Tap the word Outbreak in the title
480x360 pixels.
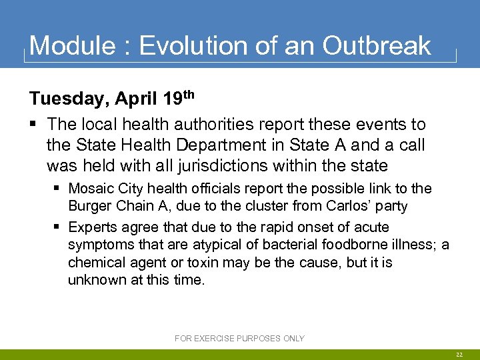coord(377,45)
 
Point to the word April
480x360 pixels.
coord(136,100)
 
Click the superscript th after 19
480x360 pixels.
coord(189,95)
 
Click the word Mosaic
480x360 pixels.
coord(91,189)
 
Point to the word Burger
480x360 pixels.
coord(89,206)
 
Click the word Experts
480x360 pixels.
coord(93,228)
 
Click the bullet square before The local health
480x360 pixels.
coord(33,125)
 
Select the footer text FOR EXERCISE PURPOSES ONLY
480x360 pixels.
coord(239,339)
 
